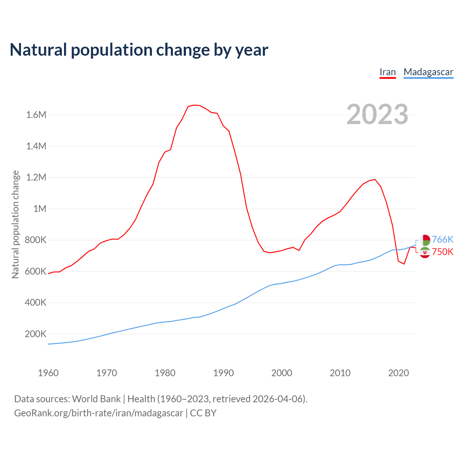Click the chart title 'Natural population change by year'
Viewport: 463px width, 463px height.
pyautogui.click(x=139, y=50)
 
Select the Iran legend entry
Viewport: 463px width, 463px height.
pyautogui.click(x=387, y=72)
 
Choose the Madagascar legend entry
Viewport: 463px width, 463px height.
pyautogui.click(x=428, y=72)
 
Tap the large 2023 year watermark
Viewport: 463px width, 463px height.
pyautogui.click(x=377, y=114)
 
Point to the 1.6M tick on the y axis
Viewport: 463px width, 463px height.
pyautogui.click(x=36, y=115)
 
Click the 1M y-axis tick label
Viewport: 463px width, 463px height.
pyautogui.click(x=40, y=209)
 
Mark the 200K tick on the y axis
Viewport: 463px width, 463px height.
pyautogui.click(x=35, y=334)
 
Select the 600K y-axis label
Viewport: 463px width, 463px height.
pyautogui.click(x=35, y=271)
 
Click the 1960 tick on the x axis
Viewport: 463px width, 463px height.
pyautogui.click(x=48, y=373)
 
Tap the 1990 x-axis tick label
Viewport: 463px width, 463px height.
pyautogui.click(x=224, y=373)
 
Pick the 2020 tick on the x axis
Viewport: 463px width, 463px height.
pyautogui.click(x=398, y=373)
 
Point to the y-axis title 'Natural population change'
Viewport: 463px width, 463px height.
pyautogui.click(x=16, y=225)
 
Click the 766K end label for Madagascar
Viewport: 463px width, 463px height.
pyautogui.click(x=443, y=239)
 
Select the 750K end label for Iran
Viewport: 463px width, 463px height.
pyautogui.click(x=443, y=252)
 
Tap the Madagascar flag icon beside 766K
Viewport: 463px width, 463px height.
pyautogui.click(x=425, y=240)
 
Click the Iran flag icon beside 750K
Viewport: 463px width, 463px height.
pyautogui.click(x=425, y=252)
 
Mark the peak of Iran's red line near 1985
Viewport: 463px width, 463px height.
pyautogui.click(x=194, y=105)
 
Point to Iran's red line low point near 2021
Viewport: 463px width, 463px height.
pyautogui.click(x=404, y=264)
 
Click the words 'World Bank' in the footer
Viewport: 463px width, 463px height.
pyautogui.click(x=96, y=399)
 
